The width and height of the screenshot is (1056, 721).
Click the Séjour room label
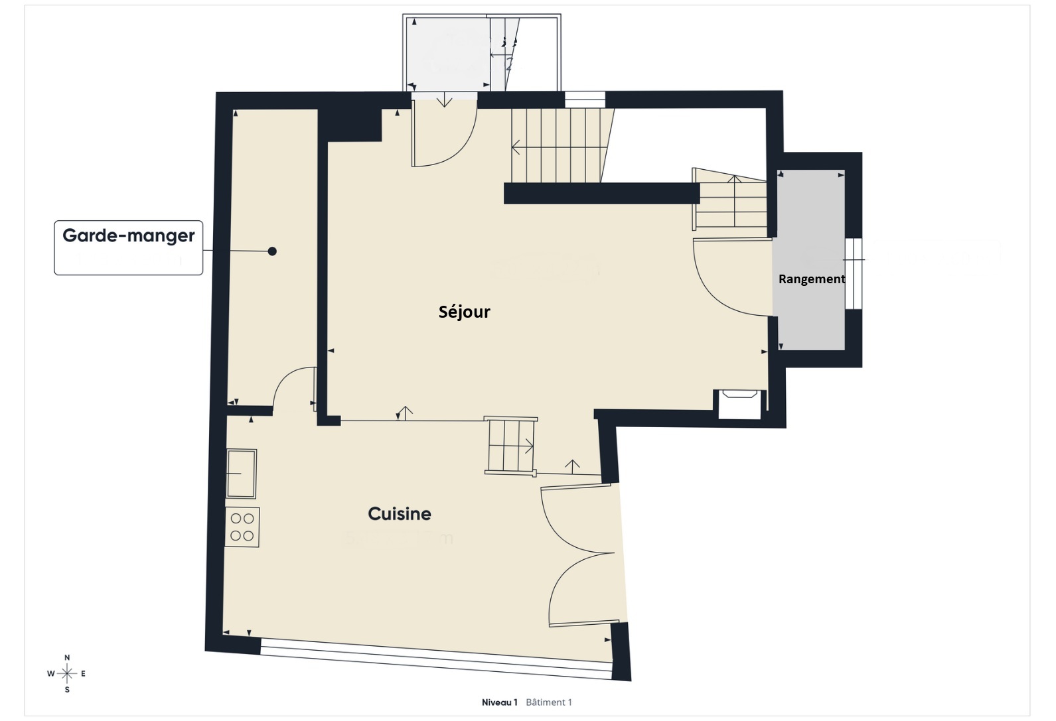[x=464, y=312]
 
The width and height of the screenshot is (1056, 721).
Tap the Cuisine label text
[x=400, y=513]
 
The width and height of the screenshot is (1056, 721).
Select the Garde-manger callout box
[x=128, y=247]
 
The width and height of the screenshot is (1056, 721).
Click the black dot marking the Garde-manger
[x=272, y=251]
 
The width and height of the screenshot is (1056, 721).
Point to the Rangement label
[x=811, y=279]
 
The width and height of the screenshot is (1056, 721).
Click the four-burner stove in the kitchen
[x=242, y=527]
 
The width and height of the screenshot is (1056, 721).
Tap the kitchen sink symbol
[x=242, y=474]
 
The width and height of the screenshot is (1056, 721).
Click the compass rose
[x=67, y=674]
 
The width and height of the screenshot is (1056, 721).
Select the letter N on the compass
[x=67, y=658]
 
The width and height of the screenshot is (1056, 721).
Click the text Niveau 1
[x=499, y=702]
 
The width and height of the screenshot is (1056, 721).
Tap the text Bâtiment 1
[x=548, y=702]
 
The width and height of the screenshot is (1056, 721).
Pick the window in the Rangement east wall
[x=854, y=273]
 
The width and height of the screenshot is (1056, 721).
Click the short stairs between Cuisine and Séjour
[x=510, y=446]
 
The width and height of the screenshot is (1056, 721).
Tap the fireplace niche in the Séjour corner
[x=740, y=404]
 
